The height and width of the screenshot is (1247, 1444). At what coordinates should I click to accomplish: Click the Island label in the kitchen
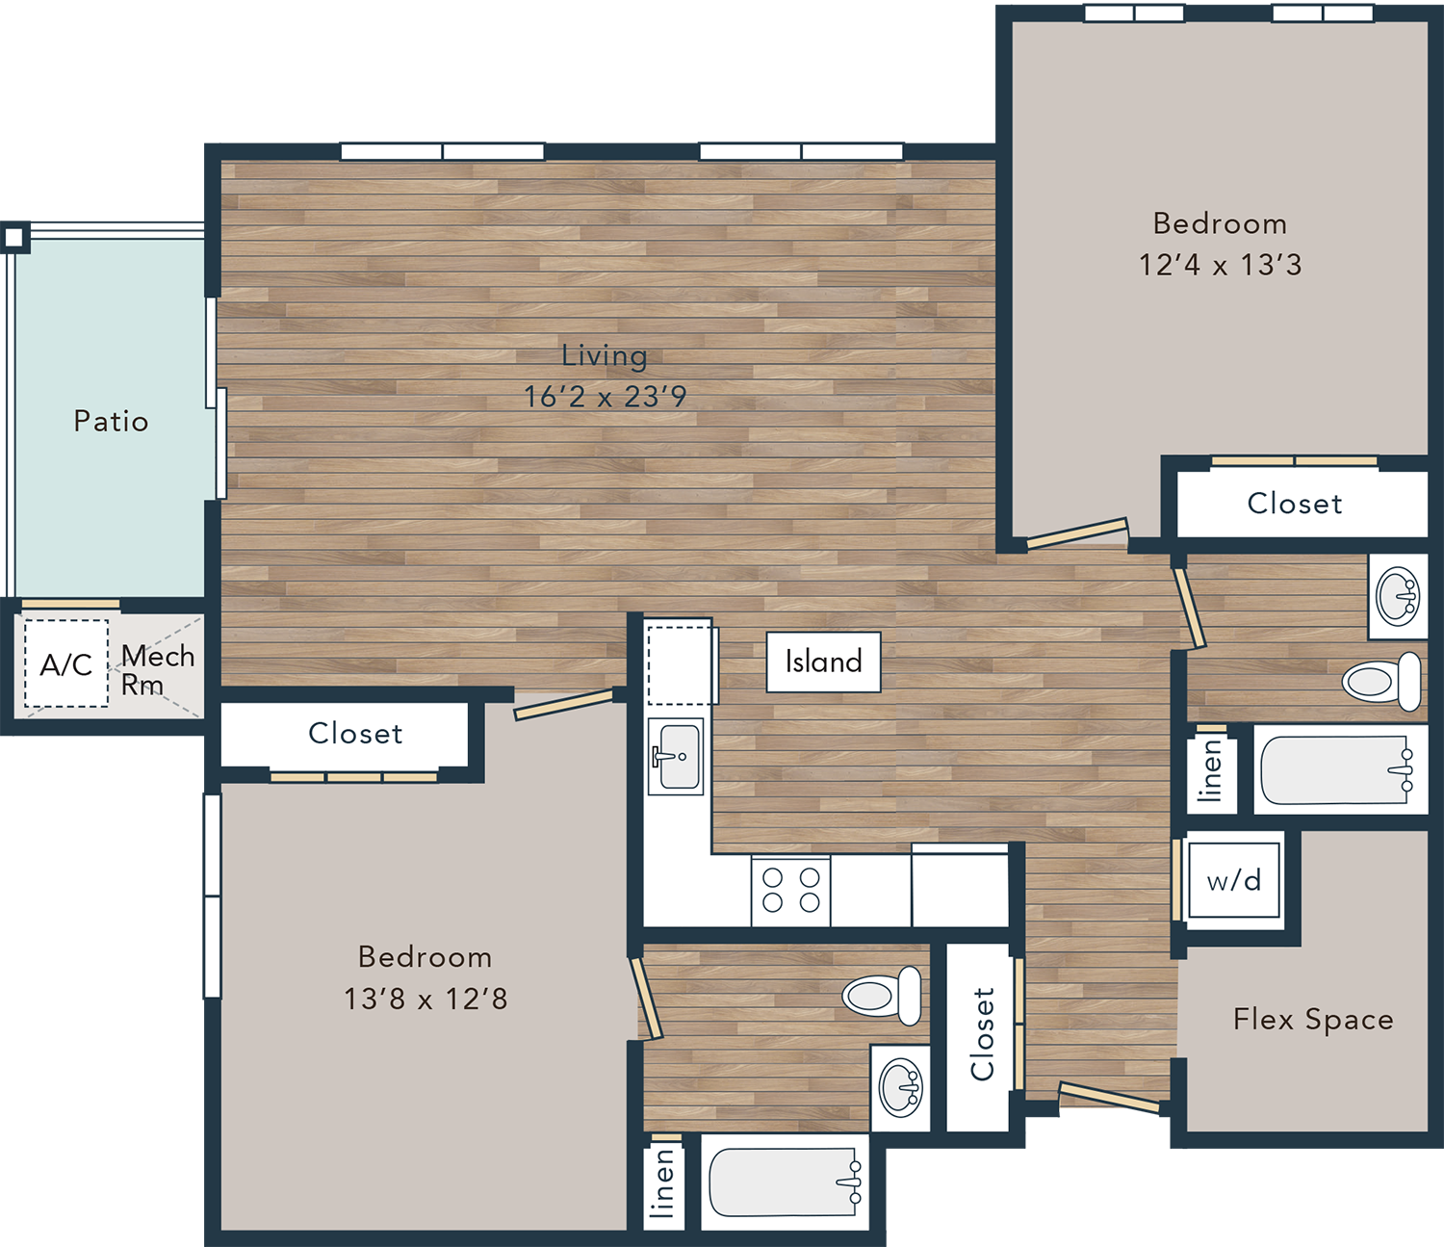[x=824, y=662]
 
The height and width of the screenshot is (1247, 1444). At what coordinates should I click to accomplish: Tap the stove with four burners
[x=790, y=891]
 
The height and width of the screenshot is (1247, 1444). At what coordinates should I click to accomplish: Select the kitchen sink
[x=676, y=756]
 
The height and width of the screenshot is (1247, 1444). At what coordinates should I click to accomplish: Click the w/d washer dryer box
[x=1234, y=880]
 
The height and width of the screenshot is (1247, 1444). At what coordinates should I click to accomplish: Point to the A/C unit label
[x=66, y=664]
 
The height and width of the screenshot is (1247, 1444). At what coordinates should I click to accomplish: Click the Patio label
[x=111, y=422]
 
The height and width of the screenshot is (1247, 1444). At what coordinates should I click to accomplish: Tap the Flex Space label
[x=1313, y=1020]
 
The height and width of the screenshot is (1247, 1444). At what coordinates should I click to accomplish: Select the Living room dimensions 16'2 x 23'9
[x=605, y=397]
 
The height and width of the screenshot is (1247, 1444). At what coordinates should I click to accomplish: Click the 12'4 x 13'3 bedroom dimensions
[x=1221, y=265]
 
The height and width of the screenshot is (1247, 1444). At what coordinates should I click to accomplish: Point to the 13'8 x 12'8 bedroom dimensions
[x=425, y=999]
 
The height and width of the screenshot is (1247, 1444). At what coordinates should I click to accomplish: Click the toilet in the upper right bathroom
[x=1382, y=682]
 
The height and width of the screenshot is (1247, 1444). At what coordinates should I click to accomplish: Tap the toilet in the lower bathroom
[x=882, y=996]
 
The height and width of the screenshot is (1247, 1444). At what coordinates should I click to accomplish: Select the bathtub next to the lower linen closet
[x=785, y=1182]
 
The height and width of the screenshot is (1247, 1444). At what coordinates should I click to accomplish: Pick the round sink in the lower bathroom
[x=900, y=1087]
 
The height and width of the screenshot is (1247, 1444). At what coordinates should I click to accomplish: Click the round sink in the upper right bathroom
[x=1397, y=595]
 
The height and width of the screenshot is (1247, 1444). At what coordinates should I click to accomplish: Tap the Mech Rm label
[x=158, y=670]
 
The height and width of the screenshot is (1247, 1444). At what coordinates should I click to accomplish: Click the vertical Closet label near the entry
[x=982, y=1034]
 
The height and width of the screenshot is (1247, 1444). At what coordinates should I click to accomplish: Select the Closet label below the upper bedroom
[x=1295, y=504]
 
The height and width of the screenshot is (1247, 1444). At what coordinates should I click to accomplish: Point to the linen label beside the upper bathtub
[x=1211, y=770]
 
